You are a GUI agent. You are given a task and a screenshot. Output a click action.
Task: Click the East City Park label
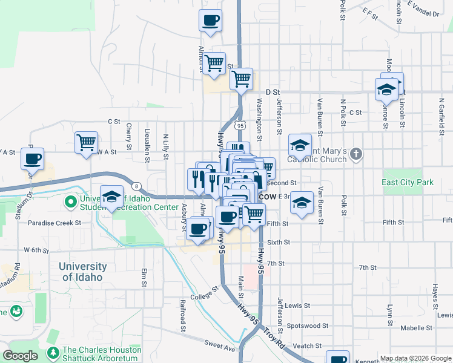click(408, 182)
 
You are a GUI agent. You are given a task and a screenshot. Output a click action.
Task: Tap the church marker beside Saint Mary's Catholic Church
click(356, 154)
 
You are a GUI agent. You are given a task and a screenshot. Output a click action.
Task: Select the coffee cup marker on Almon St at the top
click(210, 20)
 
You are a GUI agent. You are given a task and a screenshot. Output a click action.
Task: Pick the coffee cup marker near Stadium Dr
click(32, 159)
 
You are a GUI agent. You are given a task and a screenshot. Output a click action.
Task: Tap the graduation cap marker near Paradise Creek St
click(111, 196)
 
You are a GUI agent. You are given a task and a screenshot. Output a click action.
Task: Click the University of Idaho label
click(83, 272)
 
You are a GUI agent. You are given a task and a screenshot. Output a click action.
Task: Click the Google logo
click(20, 356)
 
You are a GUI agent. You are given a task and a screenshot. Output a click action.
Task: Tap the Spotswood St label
click(309, 325)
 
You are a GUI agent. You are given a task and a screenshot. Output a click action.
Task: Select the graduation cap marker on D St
click(385, 90)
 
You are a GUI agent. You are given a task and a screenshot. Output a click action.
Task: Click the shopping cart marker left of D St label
click(242, 78)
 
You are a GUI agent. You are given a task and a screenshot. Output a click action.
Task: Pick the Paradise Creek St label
click(55, 223)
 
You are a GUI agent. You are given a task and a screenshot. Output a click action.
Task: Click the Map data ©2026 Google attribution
click(415, 358)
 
